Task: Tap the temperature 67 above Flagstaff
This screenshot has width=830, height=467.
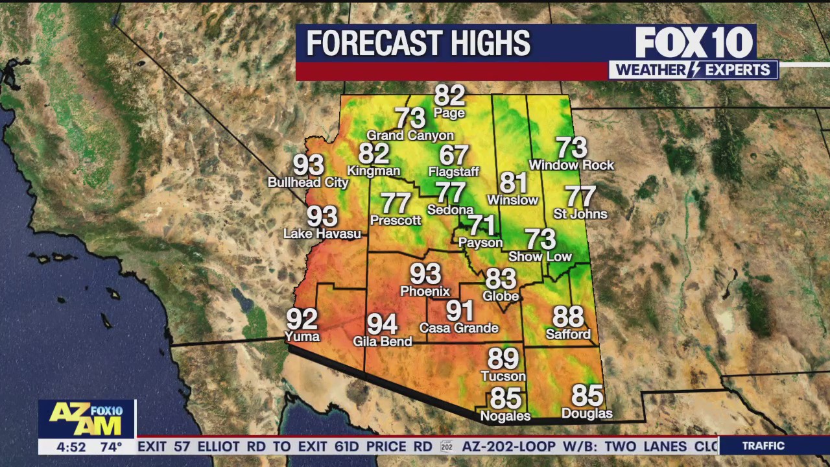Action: pyautogui.click(x=454, y=155)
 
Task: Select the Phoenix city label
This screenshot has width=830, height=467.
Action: pyautogui.click(x=425, y=291)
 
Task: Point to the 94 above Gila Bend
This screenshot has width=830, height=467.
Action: pyautogui.click(x=382, y=324)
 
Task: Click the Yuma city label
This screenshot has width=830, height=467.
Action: pyautogui.click(x=302, y=337)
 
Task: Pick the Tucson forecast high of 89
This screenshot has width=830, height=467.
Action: pyautogui.click(x=503, y=359)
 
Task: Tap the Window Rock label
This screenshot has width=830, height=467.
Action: pyautogui.click(x=571, y=165)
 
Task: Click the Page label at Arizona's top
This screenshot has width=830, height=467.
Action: pyautogui.click(x=449, y=114)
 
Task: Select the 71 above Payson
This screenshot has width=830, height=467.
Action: pyautogui.click(x=482, y=225)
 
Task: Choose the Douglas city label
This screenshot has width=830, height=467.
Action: pyautogui.click(x=587, y=413)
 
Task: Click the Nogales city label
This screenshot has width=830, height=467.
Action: pyautogui.click(x=505, y=416)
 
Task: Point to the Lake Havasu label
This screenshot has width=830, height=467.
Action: pyautogui.click(x=322, y=233)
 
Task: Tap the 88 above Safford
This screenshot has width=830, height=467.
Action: pyautogui.click(x=568, y=317)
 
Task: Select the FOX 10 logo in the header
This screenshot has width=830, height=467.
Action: pyautogui.click(x=694, y=43)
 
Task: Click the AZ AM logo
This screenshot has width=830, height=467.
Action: pyautogui.click(x=86, y=418)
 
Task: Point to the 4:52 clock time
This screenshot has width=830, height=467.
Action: pyautogui.click(x=71, y=447)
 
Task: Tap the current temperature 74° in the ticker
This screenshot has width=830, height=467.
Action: pyautogui.click(x=111, y=447)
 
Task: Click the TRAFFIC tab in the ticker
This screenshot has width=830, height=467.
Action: pyautogui.click(x=763, y=446)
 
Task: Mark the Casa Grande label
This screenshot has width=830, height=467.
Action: pyautogui.click(x=458, y=328)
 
